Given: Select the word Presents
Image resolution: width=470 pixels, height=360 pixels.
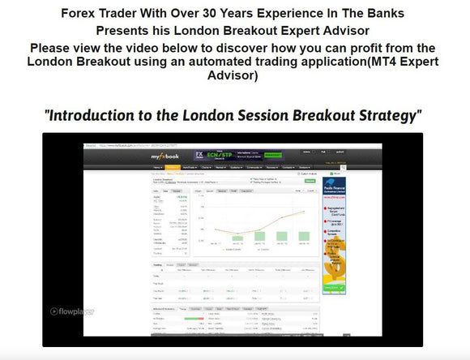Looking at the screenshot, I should pyautogui.click(x=124, y=31).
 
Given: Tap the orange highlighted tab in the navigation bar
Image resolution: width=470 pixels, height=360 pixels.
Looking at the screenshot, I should pyautogui.click(x=173, y=167).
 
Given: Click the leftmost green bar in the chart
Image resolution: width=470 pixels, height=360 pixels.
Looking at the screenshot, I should pyautogui.click(x=237, y=238).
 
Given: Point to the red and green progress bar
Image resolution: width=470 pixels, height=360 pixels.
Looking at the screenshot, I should pyautogui.click(x=194, y=319).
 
